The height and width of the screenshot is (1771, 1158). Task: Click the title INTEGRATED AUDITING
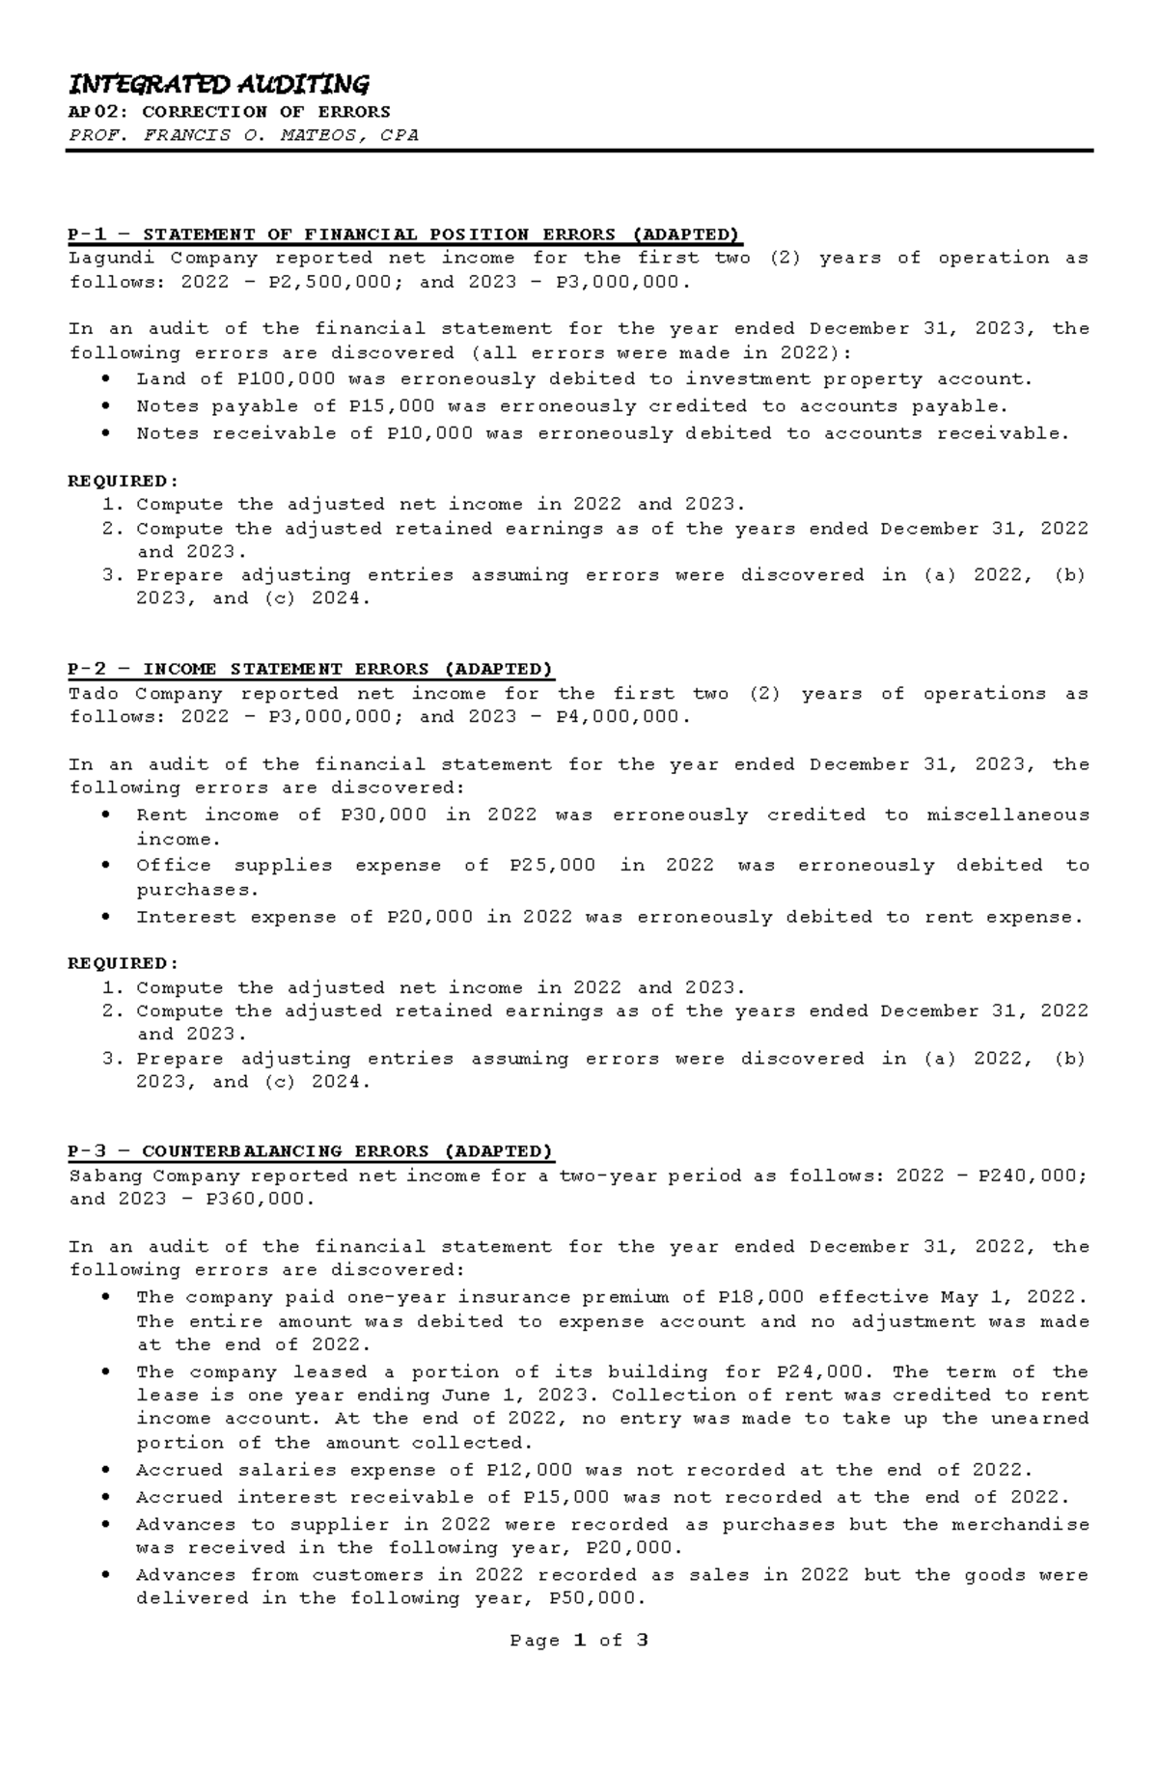218,84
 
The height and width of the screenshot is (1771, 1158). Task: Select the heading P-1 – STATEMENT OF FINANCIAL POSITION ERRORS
403,235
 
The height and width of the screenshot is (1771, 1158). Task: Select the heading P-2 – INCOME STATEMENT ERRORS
310,669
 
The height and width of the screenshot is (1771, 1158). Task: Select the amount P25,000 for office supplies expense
552,865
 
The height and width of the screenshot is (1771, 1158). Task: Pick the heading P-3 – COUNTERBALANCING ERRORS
310,1151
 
